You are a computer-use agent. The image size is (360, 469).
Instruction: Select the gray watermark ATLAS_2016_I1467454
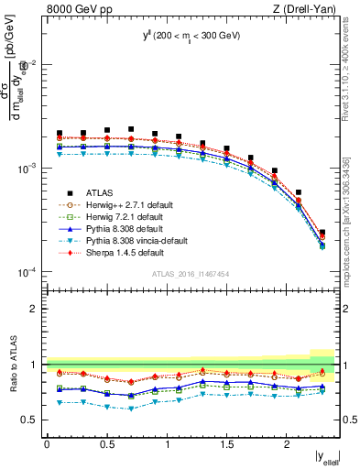click(x=190, y=274)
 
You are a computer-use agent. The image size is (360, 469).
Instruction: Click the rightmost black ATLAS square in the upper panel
click(x=322, y=233)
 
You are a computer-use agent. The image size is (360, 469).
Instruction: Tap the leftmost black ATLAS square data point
click(x=60, y=134)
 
